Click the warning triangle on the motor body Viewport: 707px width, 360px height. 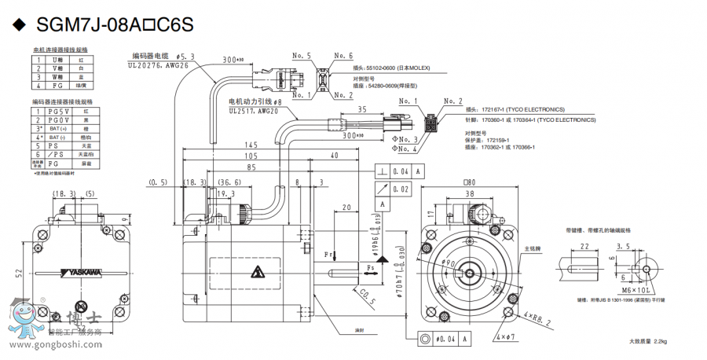coord(257,273)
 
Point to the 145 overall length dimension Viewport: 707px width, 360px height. coord(251,145)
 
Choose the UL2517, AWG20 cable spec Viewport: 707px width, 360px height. coord(254,112)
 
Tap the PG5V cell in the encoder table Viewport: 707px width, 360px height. coord(59,112)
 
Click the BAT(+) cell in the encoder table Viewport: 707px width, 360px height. coord(55,127)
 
